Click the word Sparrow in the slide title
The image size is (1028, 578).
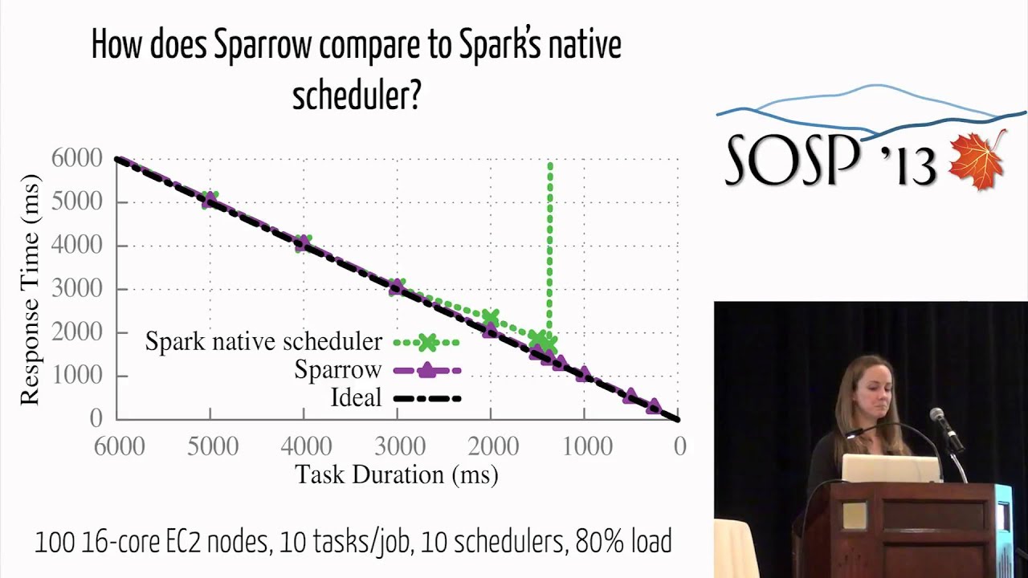pos(262,46)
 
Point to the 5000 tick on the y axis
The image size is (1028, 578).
pos(77,201)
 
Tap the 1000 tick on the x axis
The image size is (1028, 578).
pos(585,446)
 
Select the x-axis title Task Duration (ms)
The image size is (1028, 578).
pos(397,474)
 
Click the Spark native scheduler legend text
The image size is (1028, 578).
pos(263,342)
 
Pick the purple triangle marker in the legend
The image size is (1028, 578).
pos(427,370)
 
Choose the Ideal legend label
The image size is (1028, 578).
pos(356,397)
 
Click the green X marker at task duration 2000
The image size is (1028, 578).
pos(491,318)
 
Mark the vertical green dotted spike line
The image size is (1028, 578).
pos(550,241)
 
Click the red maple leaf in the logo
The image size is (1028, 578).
pos(977,160)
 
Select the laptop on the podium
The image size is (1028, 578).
pos(891,469)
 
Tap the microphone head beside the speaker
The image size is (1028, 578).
pos(937,416)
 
